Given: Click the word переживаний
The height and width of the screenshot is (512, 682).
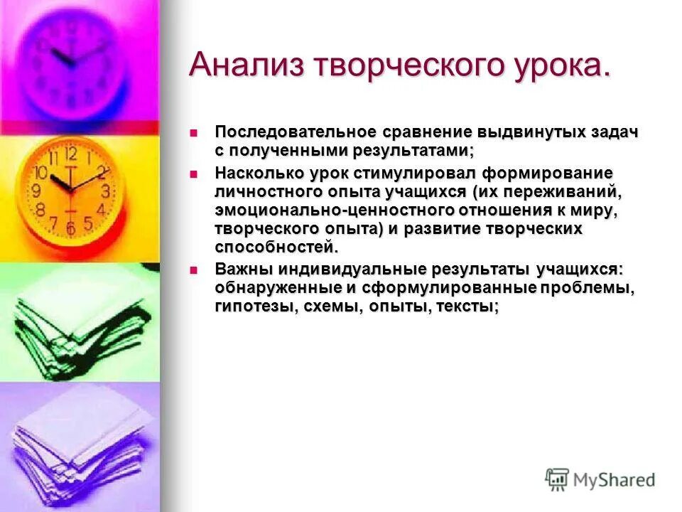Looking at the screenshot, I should (563, 192).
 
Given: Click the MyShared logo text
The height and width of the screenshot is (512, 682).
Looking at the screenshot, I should (615, 480).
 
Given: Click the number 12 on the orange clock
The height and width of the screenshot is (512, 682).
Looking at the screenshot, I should (70, 153).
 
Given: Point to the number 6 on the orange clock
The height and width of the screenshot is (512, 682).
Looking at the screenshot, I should (70, 228).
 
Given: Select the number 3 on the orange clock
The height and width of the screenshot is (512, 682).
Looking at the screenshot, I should (105, 191).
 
